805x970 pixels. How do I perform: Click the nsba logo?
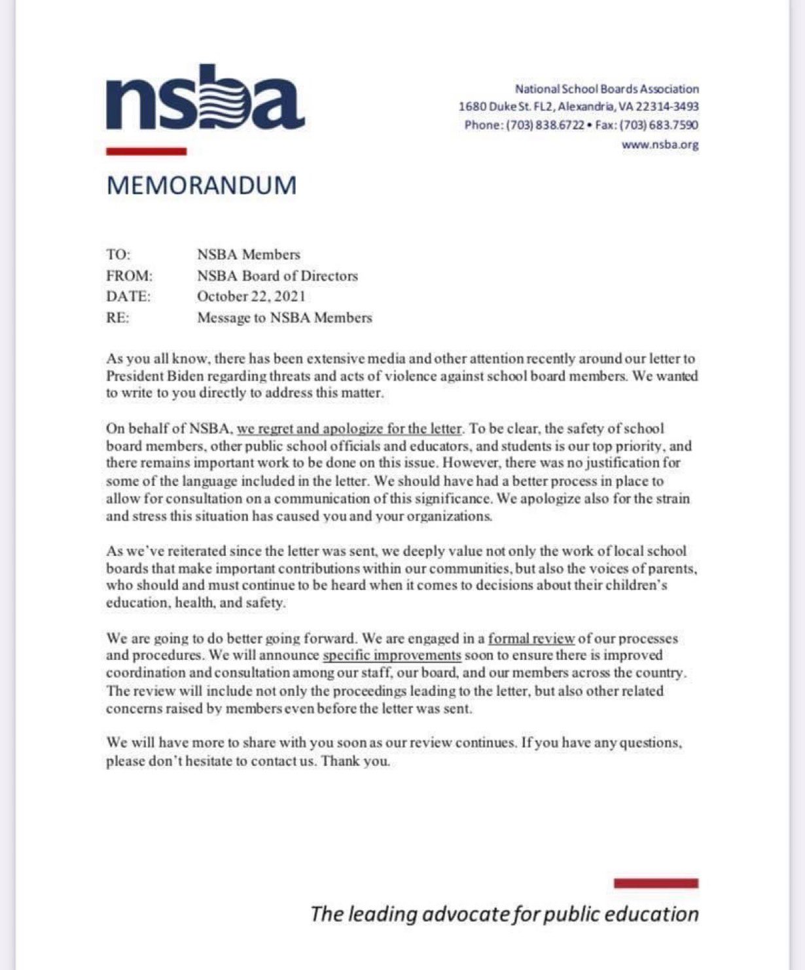[205, 98]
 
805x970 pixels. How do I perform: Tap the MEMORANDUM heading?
[202, 185]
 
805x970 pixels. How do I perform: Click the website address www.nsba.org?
[660, 145]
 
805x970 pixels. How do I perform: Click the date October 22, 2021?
[251, 296]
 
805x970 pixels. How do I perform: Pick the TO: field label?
[118, 254]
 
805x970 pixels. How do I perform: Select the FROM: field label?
[130, 275]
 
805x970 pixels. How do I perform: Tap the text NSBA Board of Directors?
[277, 275]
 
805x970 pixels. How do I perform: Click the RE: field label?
[118, 318]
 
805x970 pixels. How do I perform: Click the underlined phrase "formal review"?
[531, 638]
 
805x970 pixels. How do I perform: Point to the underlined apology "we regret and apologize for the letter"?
[349, 429]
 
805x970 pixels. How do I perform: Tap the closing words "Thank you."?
[355, 761]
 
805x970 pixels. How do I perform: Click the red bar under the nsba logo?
[147, 151]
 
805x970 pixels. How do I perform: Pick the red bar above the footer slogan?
[656, 883]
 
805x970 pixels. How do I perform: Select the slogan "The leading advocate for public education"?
[504, 914]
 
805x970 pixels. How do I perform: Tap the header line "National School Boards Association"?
[607, 89]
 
